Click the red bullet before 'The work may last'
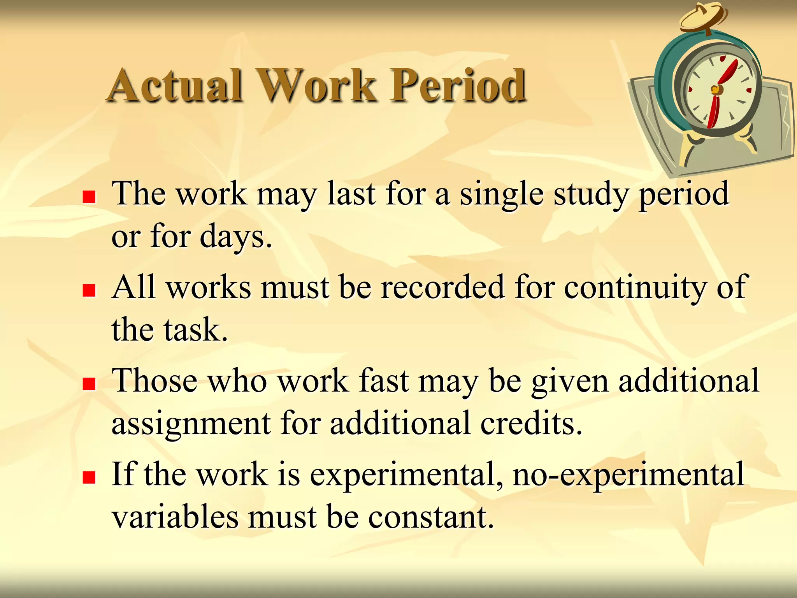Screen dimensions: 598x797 (x=89, y=197)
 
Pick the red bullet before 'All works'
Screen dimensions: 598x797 (x=89, y=290)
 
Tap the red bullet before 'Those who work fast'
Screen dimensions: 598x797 (x=89, y=384)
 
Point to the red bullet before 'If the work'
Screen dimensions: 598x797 (x=89, y=477)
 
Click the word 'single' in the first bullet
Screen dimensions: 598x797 (x=502, y=195)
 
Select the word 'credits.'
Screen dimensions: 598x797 (x=531, y=423)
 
